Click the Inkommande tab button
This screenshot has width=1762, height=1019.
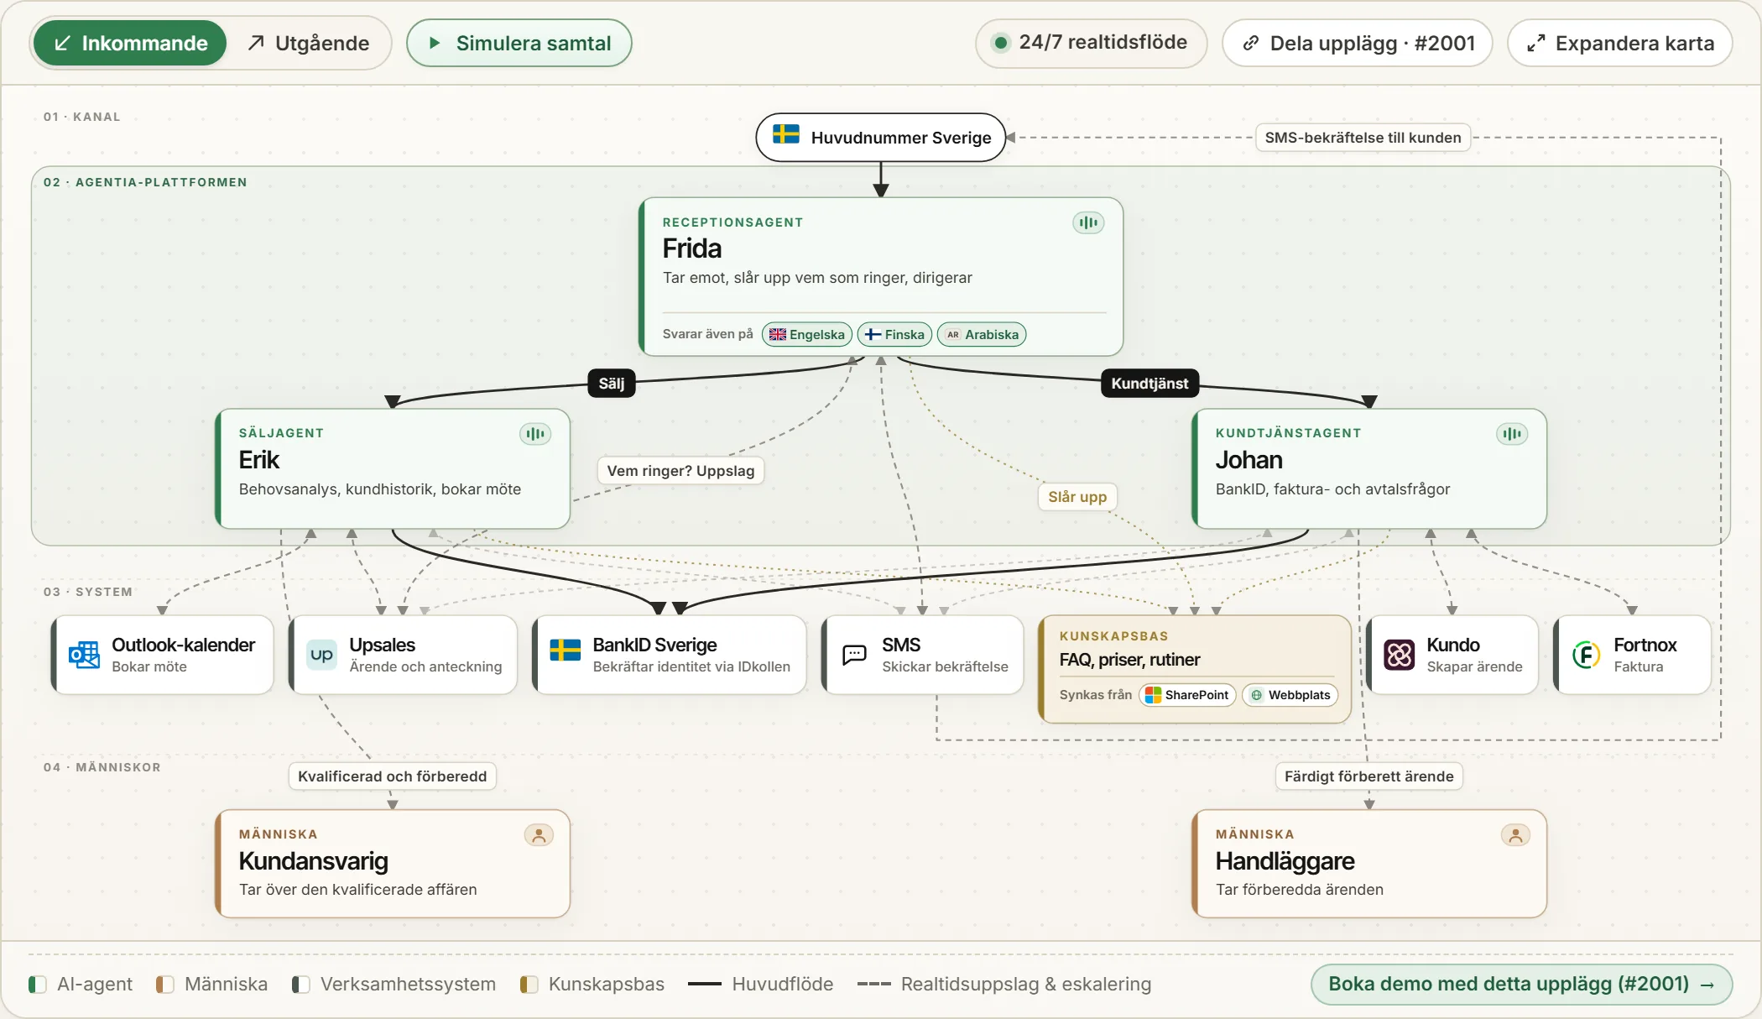point(130,43)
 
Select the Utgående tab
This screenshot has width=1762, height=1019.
point(308,43)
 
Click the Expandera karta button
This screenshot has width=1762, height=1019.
point(1619,43)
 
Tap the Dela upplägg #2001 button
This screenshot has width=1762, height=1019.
point(1357,43)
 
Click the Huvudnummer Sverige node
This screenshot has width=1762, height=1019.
point(880,137)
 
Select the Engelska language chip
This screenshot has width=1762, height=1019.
point(807,334)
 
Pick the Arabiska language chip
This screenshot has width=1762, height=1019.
point(982,334)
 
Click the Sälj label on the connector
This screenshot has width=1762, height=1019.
point(611,384)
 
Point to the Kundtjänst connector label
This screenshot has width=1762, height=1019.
point(1149,384)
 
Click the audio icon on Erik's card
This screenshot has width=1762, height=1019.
point(535,434)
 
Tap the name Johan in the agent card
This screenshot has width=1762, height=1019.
point(1249,460)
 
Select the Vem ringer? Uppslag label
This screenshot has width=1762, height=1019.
point(680,471)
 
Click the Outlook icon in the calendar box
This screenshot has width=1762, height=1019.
point(84,655)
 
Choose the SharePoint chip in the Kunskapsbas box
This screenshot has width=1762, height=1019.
point(1187,695)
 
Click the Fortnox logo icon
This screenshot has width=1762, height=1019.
point(1586,655)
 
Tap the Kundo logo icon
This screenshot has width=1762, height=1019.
point(1400,655)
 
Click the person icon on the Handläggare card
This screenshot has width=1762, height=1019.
point(1515,835)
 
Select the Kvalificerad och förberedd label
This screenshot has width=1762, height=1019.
point(392,776)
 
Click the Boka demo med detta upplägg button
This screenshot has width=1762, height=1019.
point(1521,984)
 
